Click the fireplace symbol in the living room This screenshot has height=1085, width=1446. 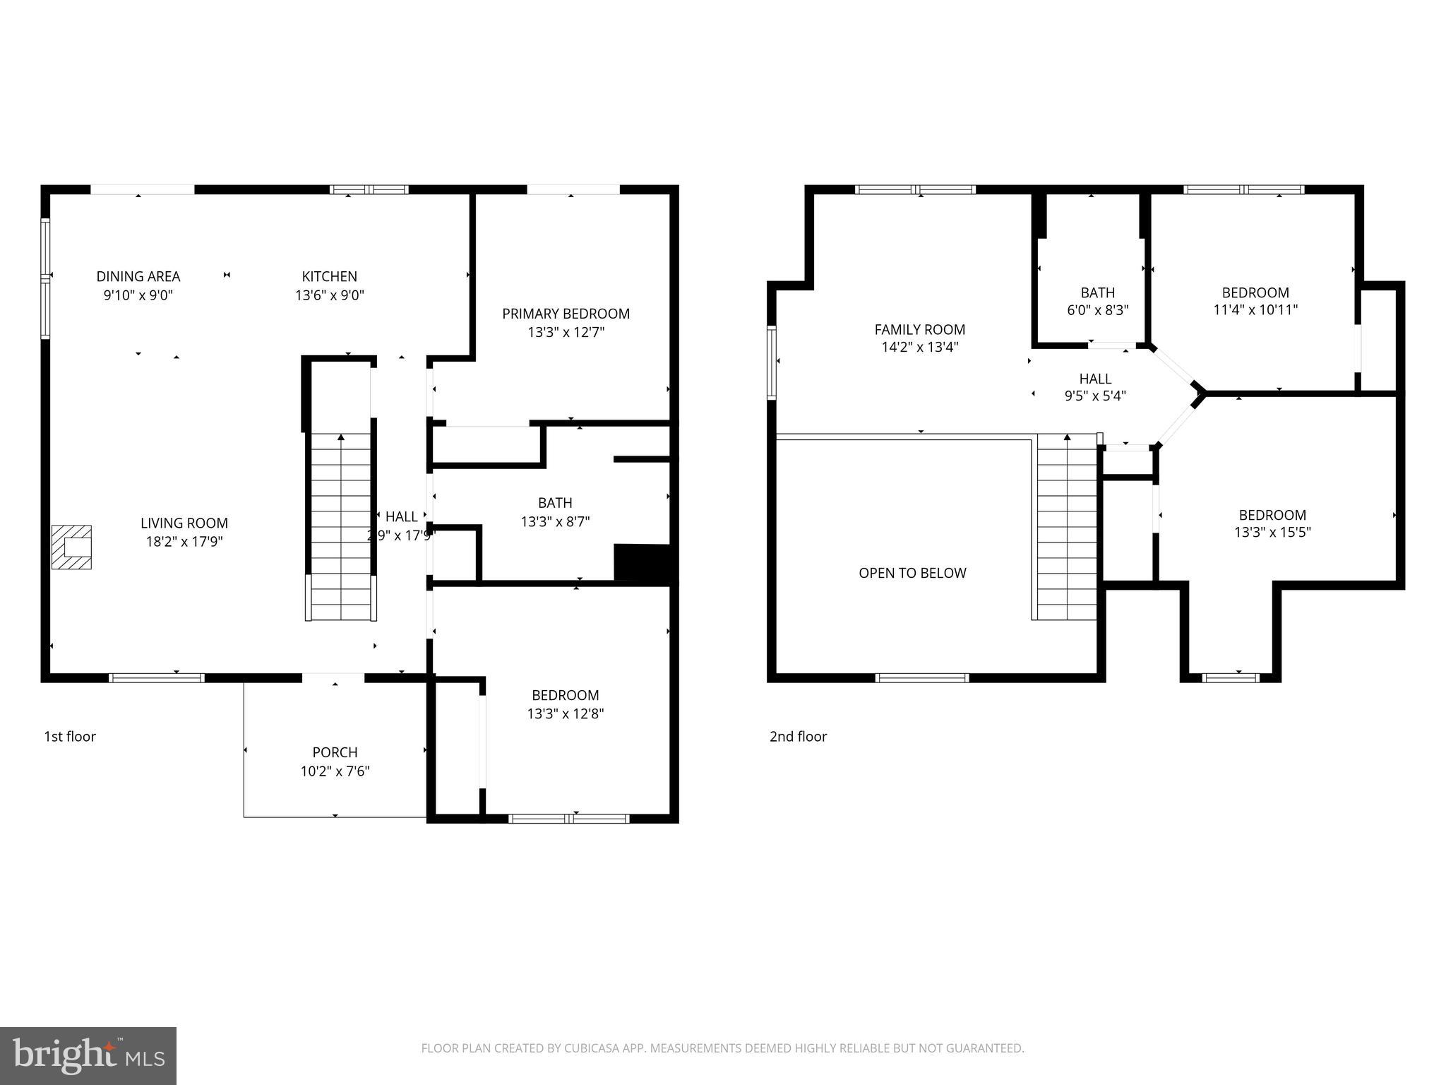coord(71,547)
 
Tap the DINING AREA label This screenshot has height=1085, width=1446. coord(138,276)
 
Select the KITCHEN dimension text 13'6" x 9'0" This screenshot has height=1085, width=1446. coord(329,295)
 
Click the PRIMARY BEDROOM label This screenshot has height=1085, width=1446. coord(566,314)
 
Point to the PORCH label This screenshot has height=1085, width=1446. coord(335,752)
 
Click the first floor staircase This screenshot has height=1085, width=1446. coord(341,526)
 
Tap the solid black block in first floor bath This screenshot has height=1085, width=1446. coord(641,563)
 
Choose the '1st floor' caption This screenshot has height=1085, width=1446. coord(70,736)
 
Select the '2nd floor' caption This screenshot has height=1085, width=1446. coord(798,736)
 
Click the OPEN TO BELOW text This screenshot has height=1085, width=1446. coord(912,573)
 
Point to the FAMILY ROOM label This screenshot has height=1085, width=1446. coord(919,329)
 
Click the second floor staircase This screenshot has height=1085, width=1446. coord(1066,526)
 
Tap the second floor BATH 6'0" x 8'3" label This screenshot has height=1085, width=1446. coord(1097,301)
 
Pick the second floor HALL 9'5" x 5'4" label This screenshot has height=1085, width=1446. coord(1095,388)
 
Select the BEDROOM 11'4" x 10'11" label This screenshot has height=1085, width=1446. coord(1255,301)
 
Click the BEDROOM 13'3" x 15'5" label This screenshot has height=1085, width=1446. coord(1272,523)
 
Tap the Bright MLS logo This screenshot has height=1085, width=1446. coord(88,1055)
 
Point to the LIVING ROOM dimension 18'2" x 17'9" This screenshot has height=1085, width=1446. coord(184,542)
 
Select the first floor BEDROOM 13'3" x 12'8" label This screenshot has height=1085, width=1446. coord(565,704)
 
